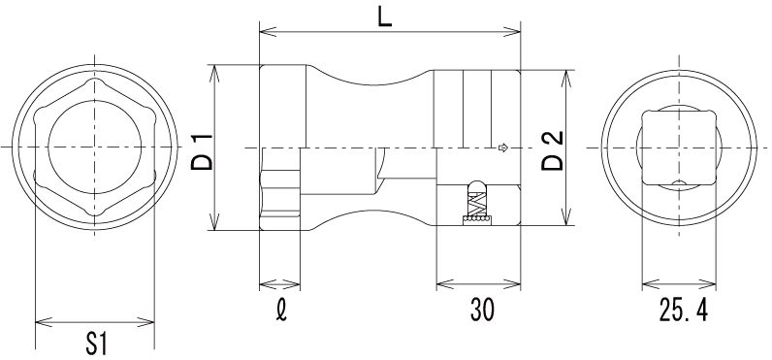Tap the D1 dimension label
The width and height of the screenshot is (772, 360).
click(x=202, y=151)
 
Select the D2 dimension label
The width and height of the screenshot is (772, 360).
click(x=552, y=150)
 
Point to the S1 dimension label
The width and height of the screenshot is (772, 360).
click(x=97, y=344)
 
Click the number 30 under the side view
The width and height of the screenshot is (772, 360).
click(x=482, y=311)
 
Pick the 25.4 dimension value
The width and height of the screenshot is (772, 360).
click(x=684, y=311)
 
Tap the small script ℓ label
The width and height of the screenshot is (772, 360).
click(x=281, y=311)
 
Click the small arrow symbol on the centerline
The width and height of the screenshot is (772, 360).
click(x=503, y=147)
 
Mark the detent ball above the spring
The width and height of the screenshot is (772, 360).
click(x=476, y=186)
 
